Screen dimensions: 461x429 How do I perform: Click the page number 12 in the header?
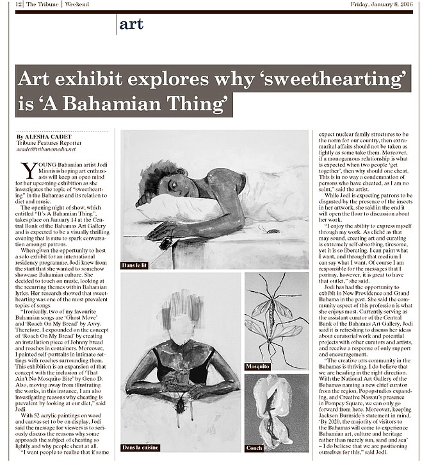[19, 5]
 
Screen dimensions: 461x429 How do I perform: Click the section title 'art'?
[131, 24]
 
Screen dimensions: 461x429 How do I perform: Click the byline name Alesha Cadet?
[45, 137]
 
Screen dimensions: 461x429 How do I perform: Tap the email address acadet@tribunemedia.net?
[46, 149]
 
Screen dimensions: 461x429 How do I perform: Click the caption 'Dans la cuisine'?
[140, 446]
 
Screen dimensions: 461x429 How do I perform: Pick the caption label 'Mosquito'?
[257, 366]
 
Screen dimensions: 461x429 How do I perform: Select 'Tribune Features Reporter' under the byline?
[45, 144]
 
